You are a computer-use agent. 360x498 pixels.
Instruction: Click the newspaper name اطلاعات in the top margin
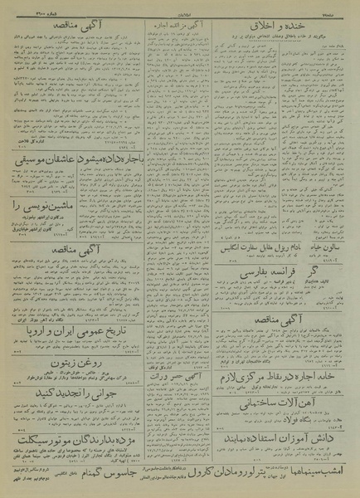pyautogui.click(x=180, y=6)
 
